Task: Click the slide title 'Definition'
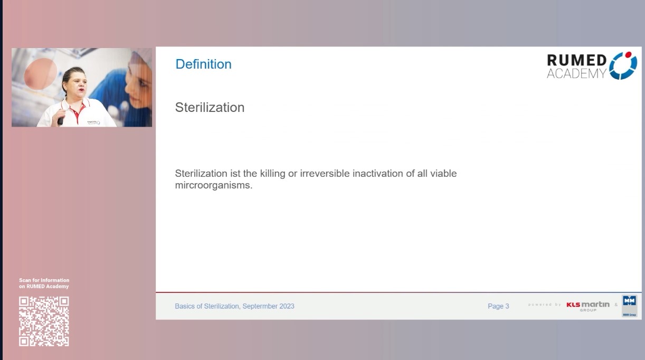pyautogui.click(x=203, y=64)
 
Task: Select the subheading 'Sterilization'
pyautogui.click(x=210, y=107)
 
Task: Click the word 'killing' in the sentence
pyautogui.click(x=271, y=174)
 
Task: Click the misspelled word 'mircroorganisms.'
pyautogui.click(x=214, y=185)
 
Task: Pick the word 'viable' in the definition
pyautogui.click(x=443, y=174)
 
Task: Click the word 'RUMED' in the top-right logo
pyautogui.click(x=577, y=61)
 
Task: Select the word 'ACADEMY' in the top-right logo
pyautogui.click(x=576, y=74)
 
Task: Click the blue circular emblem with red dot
pyautogui.click(x=623, y=66)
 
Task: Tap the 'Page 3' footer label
pyautogui.click(x=498, y=306)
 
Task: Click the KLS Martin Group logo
pyautogui.click(x=588, y=306)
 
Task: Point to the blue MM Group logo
pyautogui.click(x=629, y=306)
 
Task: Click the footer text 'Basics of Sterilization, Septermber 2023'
pyautogui.click(x=234, y=306)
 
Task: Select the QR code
pyautogui.click(x=44, y=321)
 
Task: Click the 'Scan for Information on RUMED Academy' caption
pyautogui.click(x=44, y=283)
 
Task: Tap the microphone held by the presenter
pyautogui.click(x=60, y=121)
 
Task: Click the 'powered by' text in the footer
pyautogui.click(x=544, y=305)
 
